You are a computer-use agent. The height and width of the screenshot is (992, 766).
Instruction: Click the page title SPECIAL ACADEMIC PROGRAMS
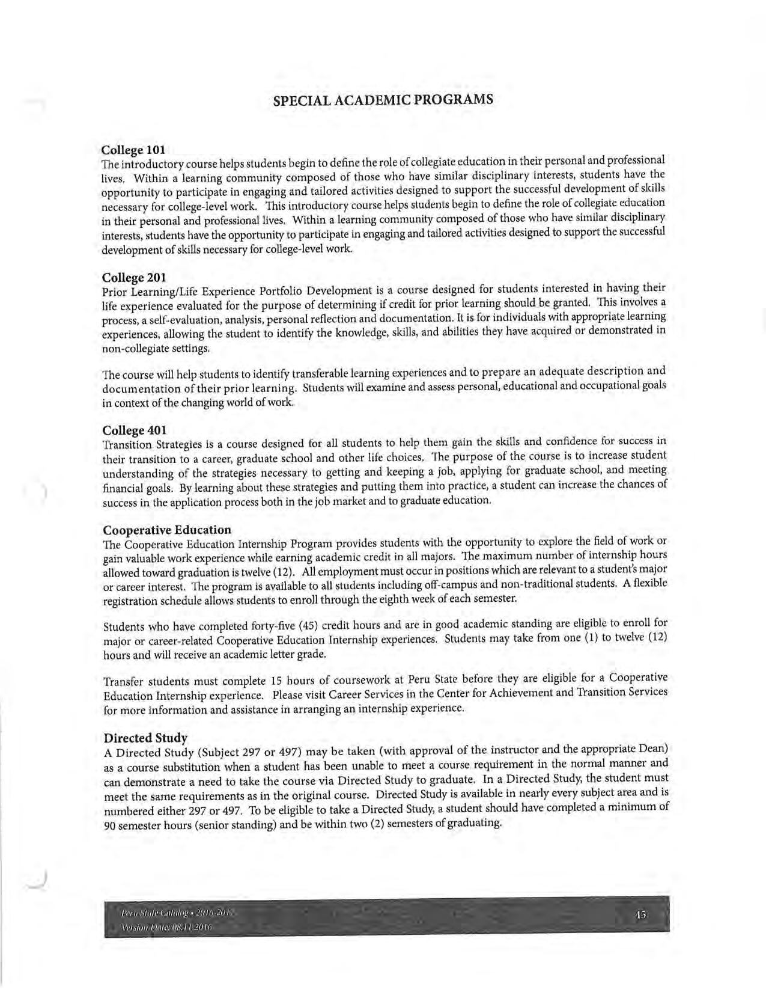[383, 99]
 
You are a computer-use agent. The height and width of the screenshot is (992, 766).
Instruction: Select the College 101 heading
[133, 149]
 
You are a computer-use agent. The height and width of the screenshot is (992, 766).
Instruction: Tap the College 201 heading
[134, 278]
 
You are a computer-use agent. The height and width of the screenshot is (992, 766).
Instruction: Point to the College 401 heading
[134, 430]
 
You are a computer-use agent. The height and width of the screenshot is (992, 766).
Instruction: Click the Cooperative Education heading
[167, 530]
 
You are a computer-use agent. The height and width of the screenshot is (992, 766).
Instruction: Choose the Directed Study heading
[145, 738]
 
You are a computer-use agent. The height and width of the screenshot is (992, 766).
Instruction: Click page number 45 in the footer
[640, 915]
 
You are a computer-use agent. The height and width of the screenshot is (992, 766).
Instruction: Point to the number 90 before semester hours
[109, 825]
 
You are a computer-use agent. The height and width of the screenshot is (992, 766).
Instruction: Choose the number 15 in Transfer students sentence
[276, 681]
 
